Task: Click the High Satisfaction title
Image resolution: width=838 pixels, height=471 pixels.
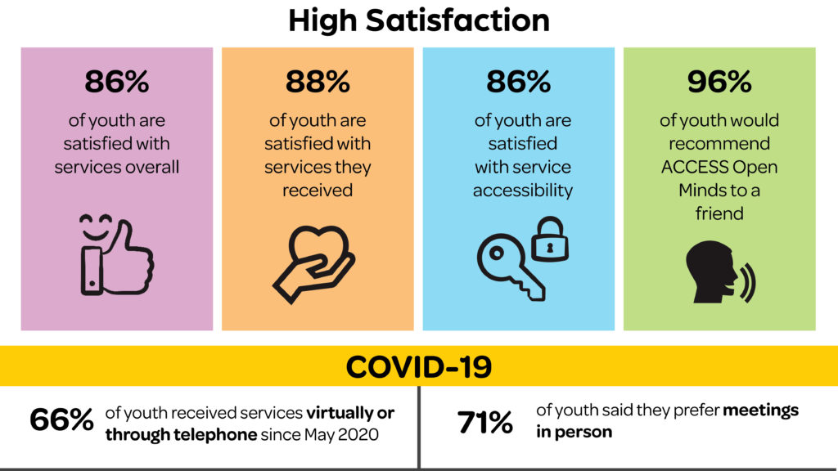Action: [x=418, y=20]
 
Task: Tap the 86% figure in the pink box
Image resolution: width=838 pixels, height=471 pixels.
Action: [x=116, y=82]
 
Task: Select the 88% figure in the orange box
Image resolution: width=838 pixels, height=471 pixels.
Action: [x=318, y=82]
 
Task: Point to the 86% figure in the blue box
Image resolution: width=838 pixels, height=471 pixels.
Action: [x=518, y=82]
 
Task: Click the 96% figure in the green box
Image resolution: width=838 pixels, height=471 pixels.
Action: [x=719, y=82]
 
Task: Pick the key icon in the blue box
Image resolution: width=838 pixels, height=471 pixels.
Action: [x=508, y=266]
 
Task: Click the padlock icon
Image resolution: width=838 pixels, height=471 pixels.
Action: [x=549, y=238]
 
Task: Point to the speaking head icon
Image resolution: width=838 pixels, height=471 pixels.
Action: [x=713, y=273]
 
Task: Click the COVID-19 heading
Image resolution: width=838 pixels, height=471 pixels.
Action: [x=418, y=366]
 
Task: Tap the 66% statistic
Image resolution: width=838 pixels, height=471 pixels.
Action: [x=61, y=421]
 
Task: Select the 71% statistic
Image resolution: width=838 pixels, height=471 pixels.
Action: [x=484, y=423]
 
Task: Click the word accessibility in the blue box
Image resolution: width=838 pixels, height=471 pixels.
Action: [x=525, y=191]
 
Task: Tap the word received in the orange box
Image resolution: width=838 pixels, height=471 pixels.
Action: [x=318, y=191]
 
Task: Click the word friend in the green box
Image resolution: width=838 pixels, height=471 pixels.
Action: [x=719, y=213]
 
